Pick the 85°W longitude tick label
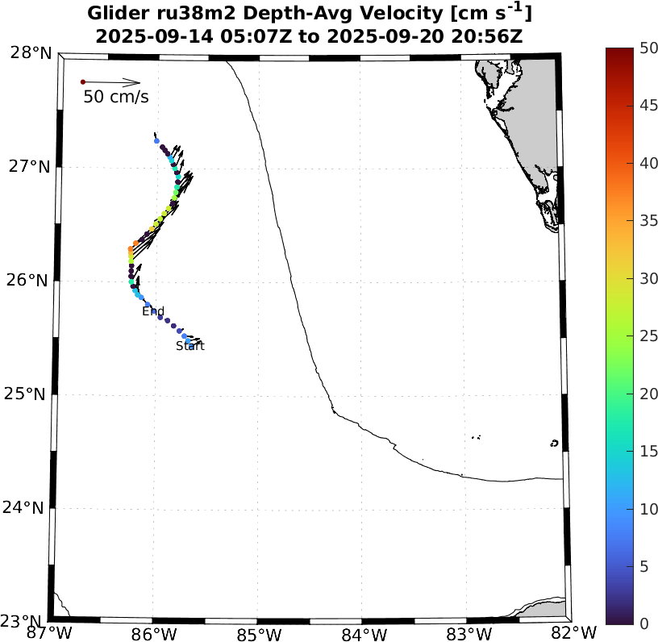click(x=259, y=632)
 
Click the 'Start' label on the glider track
click(x=190, y=347)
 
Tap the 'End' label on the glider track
click(x=153, y=311)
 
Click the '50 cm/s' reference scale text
click(x=116, y=98)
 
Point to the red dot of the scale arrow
click(x=83, y=81)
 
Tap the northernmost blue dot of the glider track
click(x=156, y=140)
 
